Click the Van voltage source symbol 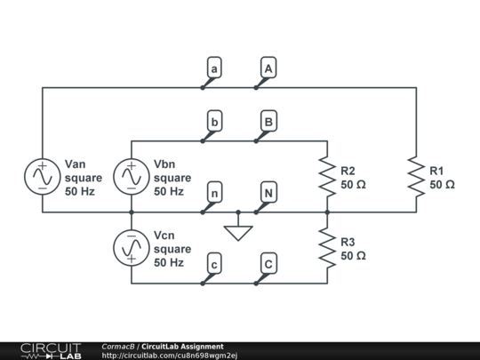pos(43,177)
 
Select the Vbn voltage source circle pos(132,177)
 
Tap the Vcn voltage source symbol pos(132,248)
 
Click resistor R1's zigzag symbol pos(416,177)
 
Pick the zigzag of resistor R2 pos(327,177)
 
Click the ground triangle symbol pos(238,233)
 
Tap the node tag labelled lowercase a pos(213,68)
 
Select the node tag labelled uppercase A pos(268,68)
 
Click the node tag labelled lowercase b pos(213,121)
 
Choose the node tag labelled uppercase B pos(268,121)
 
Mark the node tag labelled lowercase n pos(213,192)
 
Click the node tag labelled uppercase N pos(268,192)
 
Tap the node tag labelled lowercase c pos(213,263)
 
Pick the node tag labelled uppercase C pos(268,263)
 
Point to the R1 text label pos(437,171)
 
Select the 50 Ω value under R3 pos(354,255)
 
